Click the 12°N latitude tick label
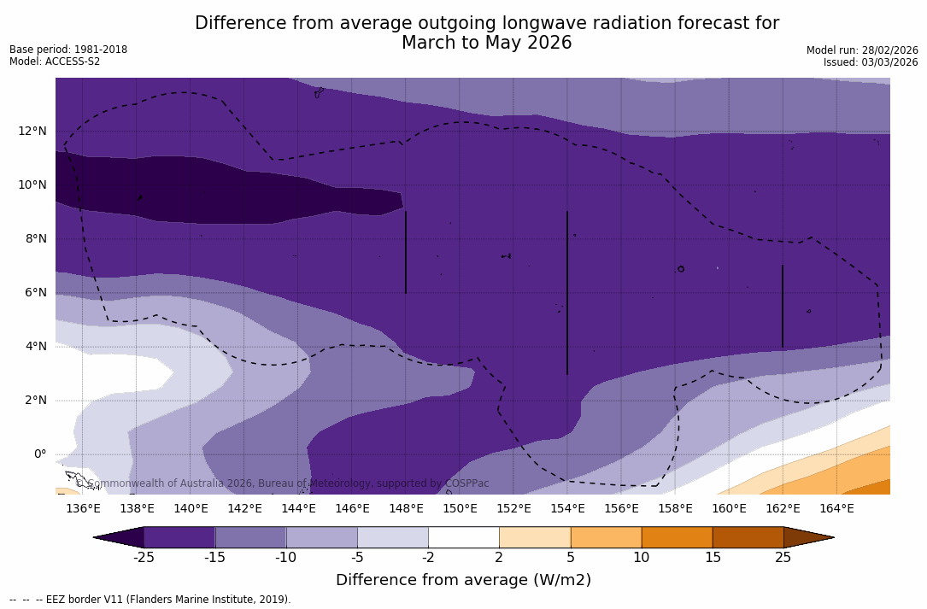coord(32,132)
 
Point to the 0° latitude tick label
coord(40,454)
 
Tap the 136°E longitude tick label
coord(83,509)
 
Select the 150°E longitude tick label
coord(460,509)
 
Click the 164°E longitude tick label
coord(836,509)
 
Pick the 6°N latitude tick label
coord(35,293)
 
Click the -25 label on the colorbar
coord(144,558)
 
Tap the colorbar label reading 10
coord(641,558)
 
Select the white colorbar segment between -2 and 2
coord(463,537)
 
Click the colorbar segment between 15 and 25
coord(748,537)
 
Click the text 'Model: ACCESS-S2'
coord(55,61)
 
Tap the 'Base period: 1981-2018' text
coord(68,50)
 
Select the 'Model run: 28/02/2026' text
coord(862,50)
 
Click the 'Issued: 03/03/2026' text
coord(871,62)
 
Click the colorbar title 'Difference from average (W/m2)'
coord(463,580)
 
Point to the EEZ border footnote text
coord(150,600)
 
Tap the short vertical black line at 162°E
coord(783,306)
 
